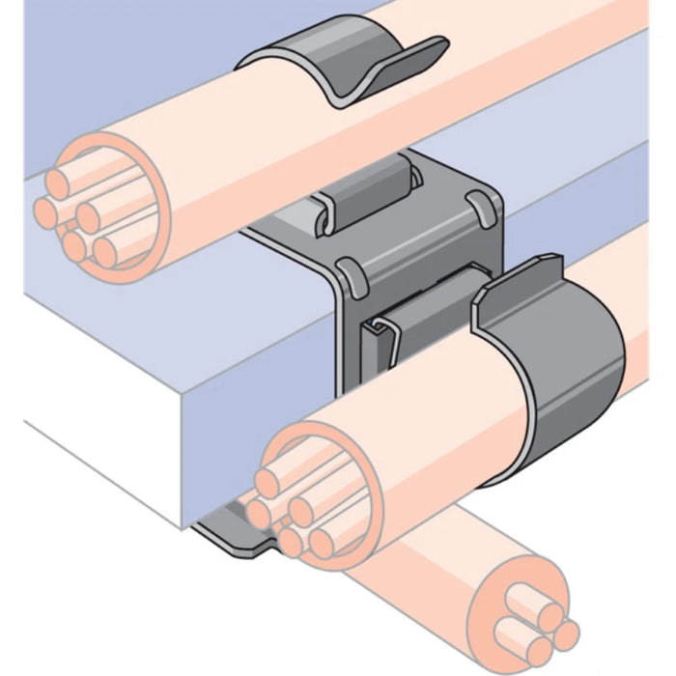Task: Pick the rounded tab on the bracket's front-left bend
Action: pos(351,275)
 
